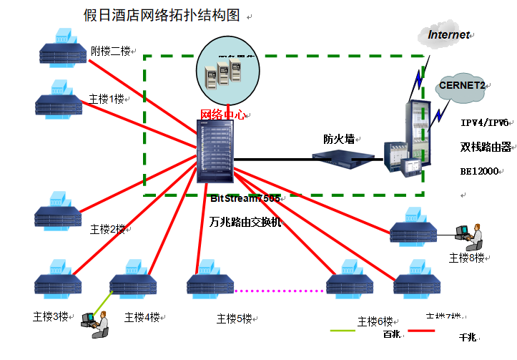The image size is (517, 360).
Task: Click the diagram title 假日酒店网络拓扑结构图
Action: [x=162, y=16]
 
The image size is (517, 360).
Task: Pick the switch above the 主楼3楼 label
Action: [x=59, y=280]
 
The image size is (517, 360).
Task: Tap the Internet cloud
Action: [x=449, y=34]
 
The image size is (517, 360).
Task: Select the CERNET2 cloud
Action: [x=462, y=86]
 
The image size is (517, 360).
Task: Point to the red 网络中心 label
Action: [x=223, y=115]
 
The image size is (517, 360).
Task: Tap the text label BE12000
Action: [x=478, y=172]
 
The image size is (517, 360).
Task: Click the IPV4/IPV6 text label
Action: [x=484, y=122]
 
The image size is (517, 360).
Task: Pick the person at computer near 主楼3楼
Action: [x=97, y=324]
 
